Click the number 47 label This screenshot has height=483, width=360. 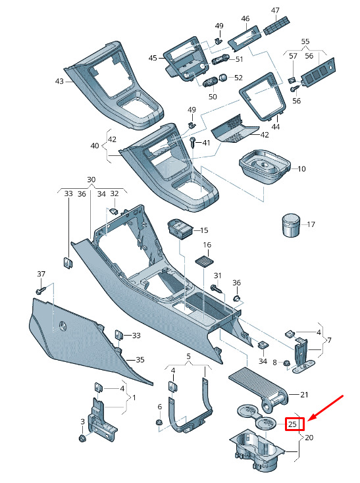pyautogui.click(x=275, y=11)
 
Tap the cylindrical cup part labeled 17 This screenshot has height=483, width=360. pyautogui.click(x=291, y=226)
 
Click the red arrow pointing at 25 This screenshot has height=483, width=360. pyautogui.click(x=326, y=407)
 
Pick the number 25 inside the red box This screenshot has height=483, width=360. pyautogui.click(x=292, y=424)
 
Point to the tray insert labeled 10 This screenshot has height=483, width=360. pyautogui.click(x=265, y=166)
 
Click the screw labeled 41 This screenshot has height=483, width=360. pyautogui.click(x=193, y=142)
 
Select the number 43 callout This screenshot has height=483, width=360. pyautogui.click(x=59, y=82)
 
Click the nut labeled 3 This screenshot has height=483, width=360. pyautogui.click(x=82, y=438)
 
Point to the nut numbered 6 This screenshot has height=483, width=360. pyautogui.click(x=159, y=422)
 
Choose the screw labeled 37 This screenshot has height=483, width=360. pyautogui.click(x=40, y=290)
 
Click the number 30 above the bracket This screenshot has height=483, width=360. pyautogui.click(x=91, y=180)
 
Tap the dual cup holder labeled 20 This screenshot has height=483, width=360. pyautogui.click(x=258, y=449)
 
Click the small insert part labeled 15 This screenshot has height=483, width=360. pyautogui.click(x=180, y=229)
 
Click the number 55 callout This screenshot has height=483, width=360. pyautogui.click(x=305, y=41)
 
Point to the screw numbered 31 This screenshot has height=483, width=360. pyautogui.click(x=217, y=289)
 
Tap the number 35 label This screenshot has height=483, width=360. pyautogui.click(x=140, y=359)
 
